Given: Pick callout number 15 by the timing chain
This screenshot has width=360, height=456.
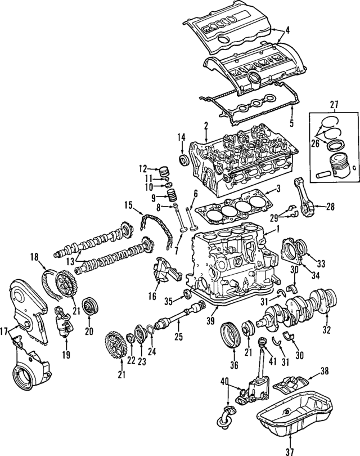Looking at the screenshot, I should click(x=128, y=205).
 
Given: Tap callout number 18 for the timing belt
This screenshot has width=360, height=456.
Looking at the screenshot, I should click(x=34, y=258).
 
